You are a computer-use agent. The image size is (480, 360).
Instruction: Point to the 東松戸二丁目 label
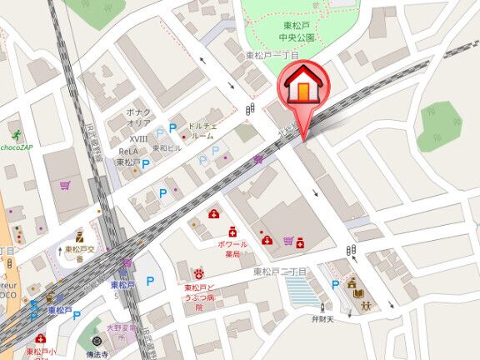(x=281, y=272)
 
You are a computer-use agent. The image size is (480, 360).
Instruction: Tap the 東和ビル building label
(x=166, y=147)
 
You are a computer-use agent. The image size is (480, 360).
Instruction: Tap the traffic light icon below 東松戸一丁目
(x=251, y=109)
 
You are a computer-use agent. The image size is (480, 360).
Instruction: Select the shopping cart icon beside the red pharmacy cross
(x=288, y=242)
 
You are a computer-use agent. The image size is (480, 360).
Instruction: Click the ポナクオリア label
(x=137, y=115)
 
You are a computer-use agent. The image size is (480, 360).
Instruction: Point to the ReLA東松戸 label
(x=127, y=157)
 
